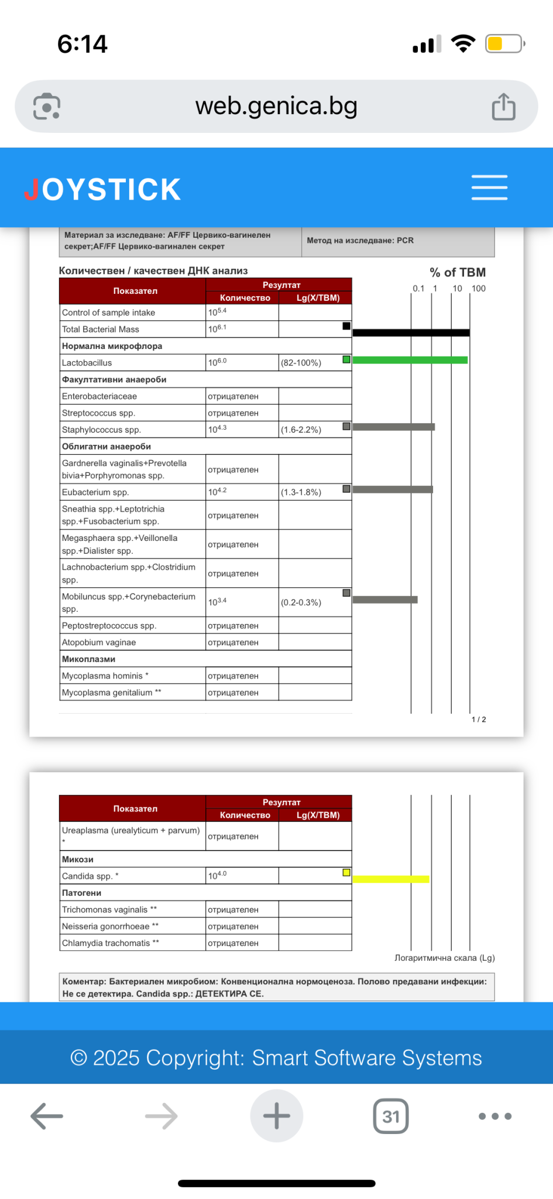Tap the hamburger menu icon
point(489,187)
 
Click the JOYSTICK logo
point(102,189)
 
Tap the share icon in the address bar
point(503,107)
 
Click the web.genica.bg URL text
point(276,106)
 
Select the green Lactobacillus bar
point(410,360)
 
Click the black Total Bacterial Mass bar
point(411,333)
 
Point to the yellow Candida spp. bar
point(391,879)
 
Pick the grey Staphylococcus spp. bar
point(393,427)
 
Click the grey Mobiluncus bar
point(385,599)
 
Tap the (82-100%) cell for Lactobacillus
point(301,363)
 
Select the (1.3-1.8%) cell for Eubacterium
point(301,492)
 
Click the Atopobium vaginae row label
point(99,642)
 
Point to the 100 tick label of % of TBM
point(478,289)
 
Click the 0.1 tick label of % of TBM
point(418,289)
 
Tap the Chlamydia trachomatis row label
point(108,943)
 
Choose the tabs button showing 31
point(390,1116)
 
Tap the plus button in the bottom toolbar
point(276,1116)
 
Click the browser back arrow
point(47,1116)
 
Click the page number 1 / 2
point(479,720)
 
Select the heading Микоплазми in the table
point(89,659)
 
